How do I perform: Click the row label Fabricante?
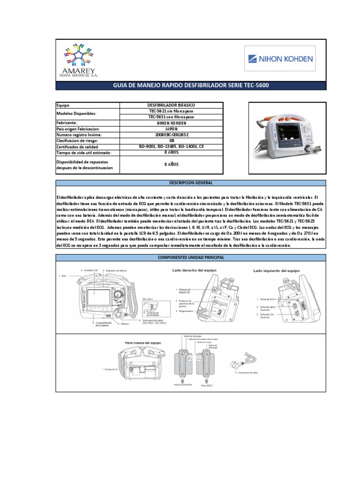(70, 123)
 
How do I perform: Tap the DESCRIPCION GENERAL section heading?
(191, 182)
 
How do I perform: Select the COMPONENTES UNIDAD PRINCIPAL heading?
(191, 257)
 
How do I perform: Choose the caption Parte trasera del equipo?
(143, 343)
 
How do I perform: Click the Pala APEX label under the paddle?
(206, 385)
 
